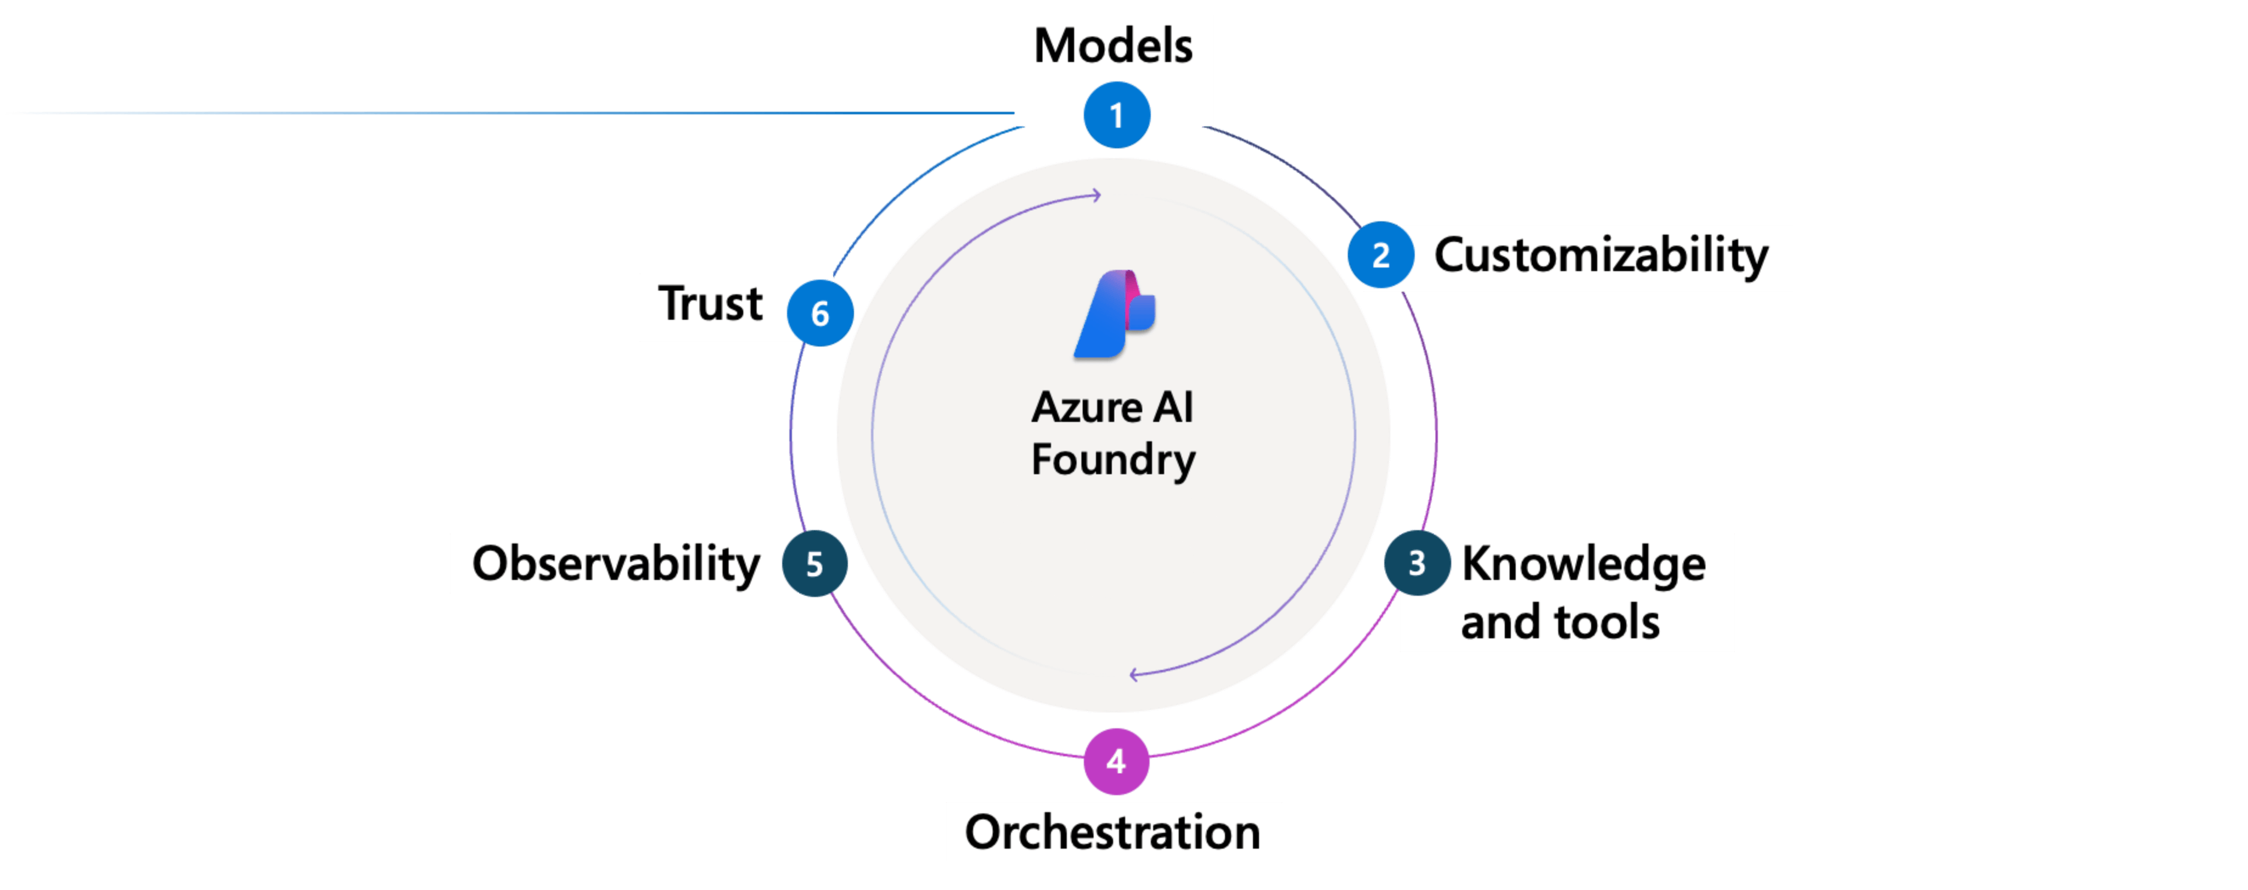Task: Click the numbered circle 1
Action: [1116, 115]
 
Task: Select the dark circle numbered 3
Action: [1417, 563]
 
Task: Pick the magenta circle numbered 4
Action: [1116, 762]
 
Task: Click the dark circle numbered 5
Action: [814, 564]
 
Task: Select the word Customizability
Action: [1601, 256]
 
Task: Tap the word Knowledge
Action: [1583, 564]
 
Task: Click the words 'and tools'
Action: [1560, 622]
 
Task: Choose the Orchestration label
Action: [1112, 832]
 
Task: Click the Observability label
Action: [616, 564]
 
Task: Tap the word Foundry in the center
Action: [1112, 460]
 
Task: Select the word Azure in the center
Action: [1086, 407]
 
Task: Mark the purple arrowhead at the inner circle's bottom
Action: [1134, 674]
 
